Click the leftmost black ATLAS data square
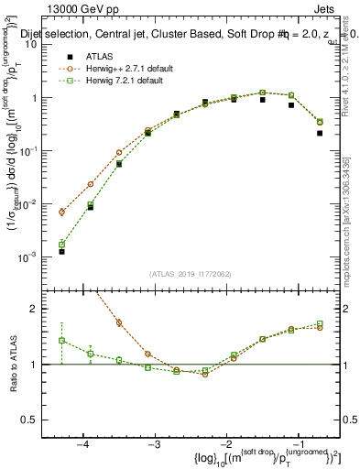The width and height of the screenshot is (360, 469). pos(61,251)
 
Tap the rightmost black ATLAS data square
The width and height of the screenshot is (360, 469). pos(320,133)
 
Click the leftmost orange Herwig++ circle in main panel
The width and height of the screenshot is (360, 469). pos(61,212)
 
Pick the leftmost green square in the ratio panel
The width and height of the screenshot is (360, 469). pos(61,340)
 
